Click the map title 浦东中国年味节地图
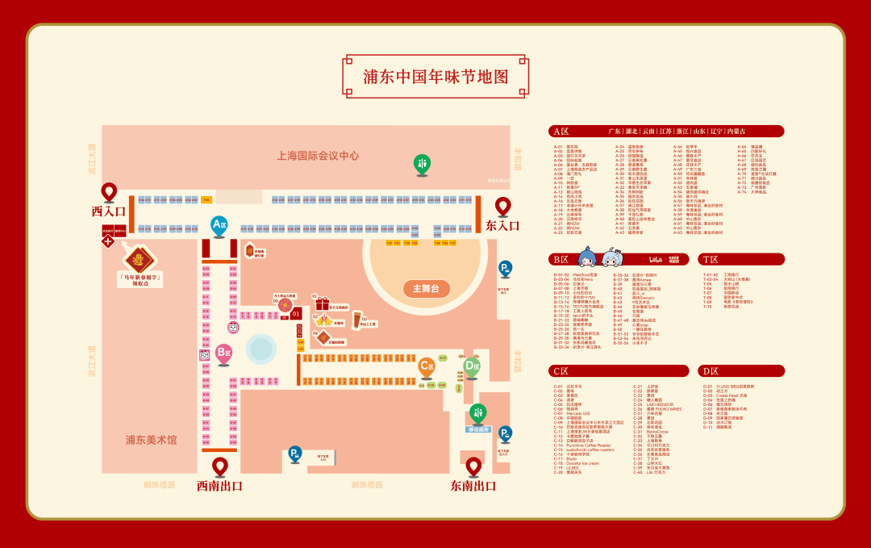[435, 77]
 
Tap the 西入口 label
[109, 211]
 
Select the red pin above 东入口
[502, 207]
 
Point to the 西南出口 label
[219, 486]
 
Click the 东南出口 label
[473, 486]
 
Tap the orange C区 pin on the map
[427, 366]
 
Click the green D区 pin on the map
[472, 366]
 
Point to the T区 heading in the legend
[711, 259]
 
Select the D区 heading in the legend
[711, 371]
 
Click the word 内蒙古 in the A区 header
[736, 131]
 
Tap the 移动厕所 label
[478, 430]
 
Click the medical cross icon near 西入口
[107, 241]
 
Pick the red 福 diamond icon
[139, 259]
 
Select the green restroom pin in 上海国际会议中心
[422, 164]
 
